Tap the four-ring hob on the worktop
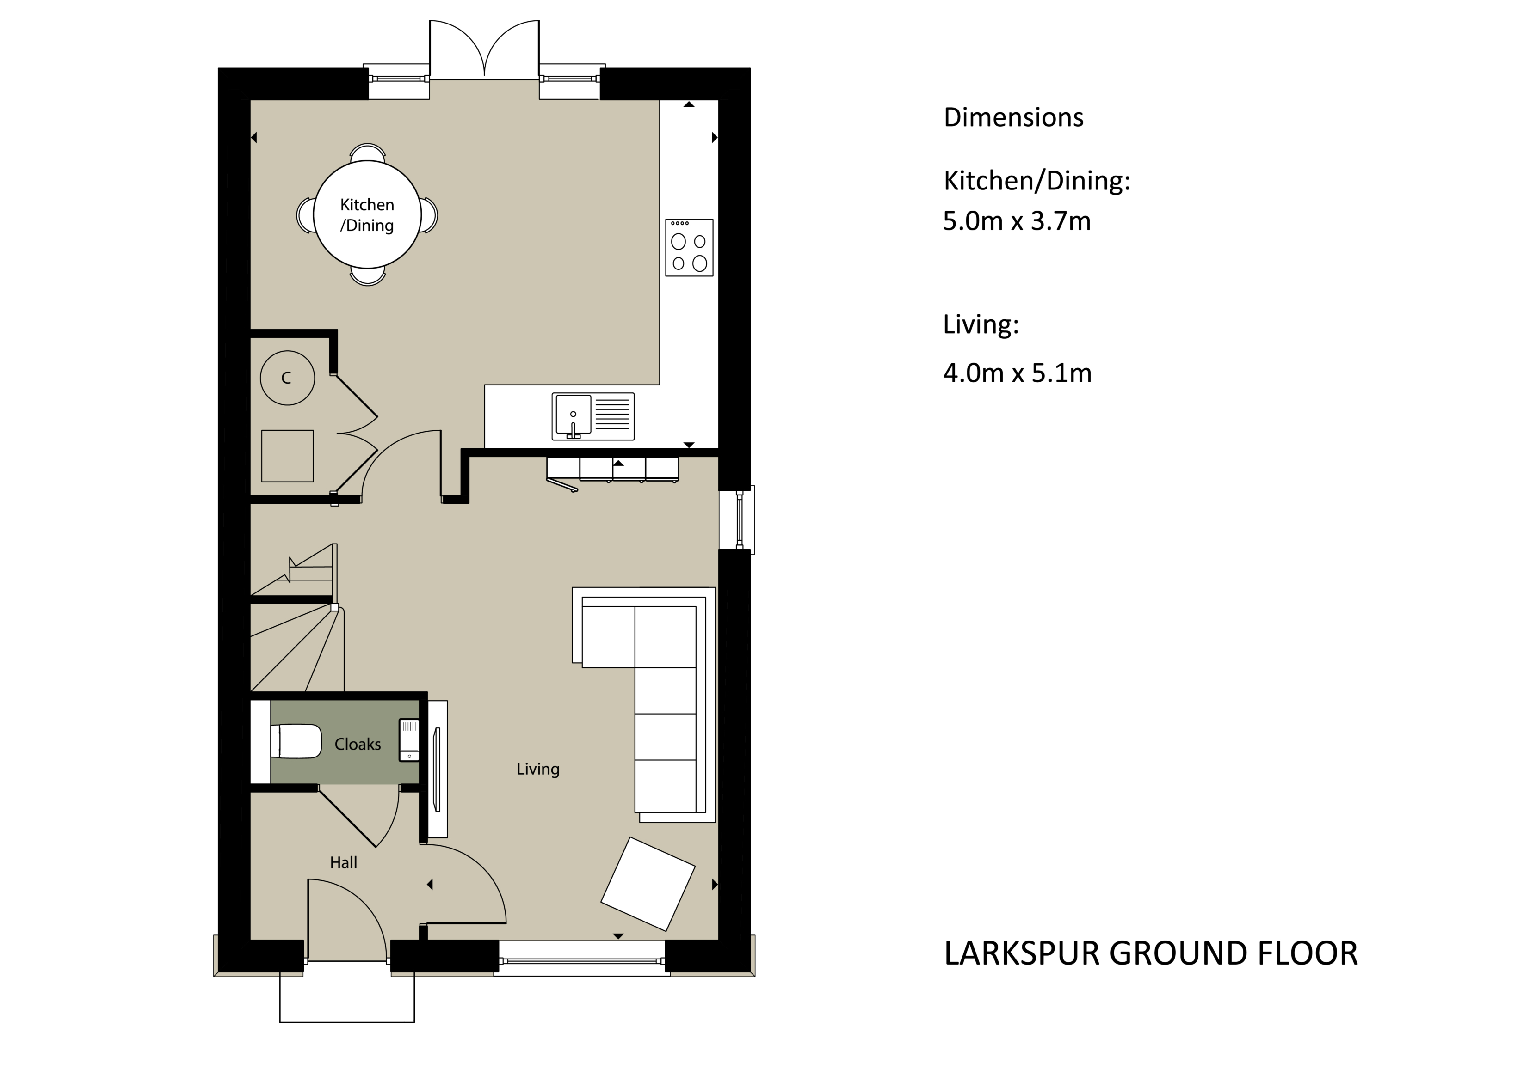[x=689, y=247]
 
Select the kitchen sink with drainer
[x=592, y=416]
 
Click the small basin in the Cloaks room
[x=408, y=739]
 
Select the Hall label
[x=343, y=862]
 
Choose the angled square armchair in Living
[x=648, y=884]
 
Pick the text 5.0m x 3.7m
[x=1016, y=221]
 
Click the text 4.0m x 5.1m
[x=1017, y=373]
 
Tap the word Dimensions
[x=1013, y=117]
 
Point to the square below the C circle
[x=287, y=456]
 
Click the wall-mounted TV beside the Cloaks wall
[x=437, y=770]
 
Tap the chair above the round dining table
[x=368, y=153]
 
